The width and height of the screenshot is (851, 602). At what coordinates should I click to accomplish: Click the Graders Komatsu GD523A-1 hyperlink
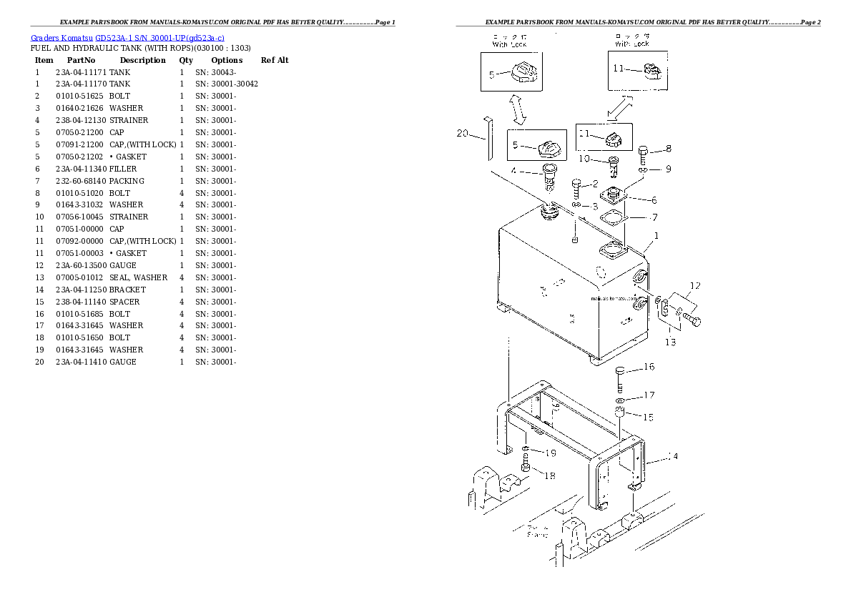point(128,37)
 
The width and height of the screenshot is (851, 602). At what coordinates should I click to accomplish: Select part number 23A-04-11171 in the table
point(81,72)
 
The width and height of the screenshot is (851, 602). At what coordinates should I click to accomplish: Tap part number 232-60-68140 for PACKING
point(81,181)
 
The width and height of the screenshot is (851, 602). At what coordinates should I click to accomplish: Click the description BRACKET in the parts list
point(127,290)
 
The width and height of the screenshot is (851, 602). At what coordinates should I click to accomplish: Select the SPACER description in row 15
point(124,302)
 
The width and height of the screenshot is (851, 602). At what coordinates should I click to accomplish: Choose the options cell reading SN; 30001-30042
point(226,84)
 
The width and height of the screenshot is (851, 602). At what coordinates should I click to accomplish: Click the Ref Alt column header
point(275,60)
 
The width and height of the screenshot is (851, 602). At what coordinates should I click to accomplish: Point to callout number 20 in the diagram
point(461,133)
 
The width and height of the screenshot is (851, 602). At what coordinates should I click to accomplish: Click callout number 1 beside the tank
point(656,236)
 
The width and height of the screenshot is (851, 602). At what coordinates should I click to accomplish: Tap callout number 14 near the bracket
point(672,456)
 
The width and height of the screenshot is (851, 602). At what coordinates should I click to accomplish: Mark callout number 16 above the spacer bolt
point(649,367)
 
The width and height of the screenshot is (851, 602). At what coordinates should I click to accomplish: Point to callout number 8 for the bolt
point(668,149)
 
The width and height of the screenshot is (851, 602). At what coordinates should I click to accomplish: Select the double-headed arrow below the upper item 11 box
point(619,109)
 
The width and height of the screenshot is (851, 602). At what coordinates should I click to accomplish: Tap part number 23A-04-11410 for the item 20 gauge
point(81,362)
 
